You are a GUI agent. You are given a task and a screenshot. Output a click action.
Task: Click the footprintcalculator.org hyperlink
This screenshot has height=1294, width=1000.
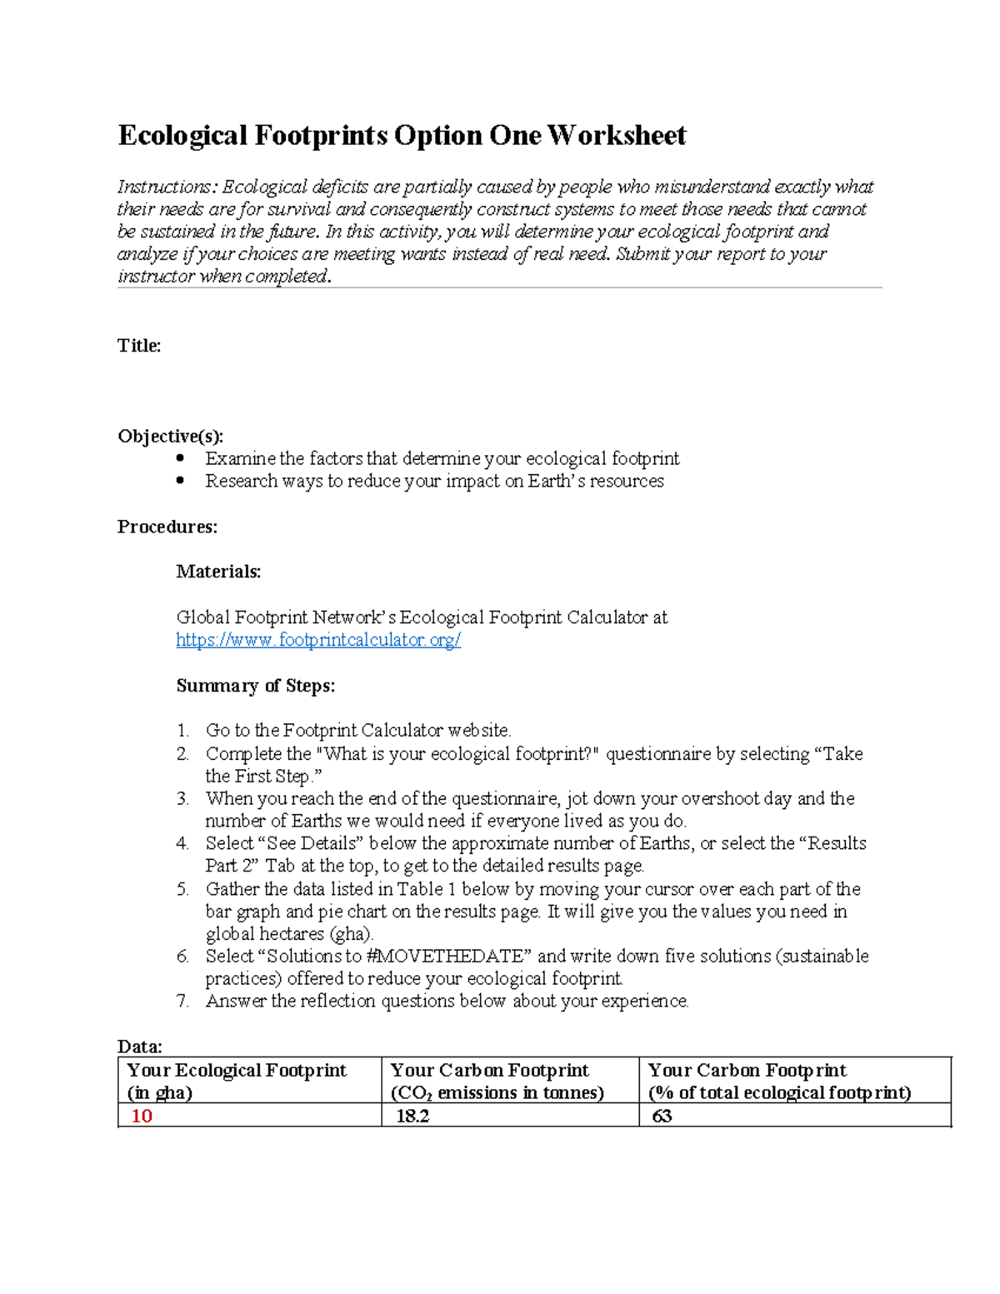tap(318, 640)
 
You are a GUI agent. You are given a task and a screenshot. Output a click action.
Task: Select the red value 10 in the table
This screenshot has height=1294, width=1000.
tap(142, 1116)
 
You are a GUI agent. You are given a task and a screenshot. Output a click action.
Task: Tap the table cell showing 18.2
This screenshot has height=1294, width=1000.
tap(412, 1116)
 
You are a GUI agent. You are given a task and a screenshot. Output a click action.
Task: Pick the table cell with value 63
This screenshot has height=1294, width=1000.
tap(662, 1116)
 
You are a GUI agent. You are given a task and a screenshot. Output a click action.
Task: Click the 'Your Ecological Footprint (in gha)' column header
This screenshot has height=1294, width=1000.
tap(237, 1081)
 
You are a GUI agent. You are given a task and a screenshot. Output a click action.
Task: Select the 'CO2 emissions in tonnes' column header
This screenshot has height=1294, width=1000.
tap(497, 1092)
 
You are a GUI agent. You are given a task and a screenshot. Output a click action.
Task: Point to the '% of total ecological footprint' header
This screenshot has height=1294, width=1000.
tap(779, 1092)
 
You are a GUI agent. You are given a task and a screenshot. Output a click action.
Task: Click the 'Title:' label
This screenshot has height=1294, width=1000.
tap(139, 346)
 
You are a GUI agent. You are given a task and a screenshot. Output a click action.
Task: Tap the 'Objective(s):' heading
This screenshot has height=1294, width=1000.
tap(170, 436)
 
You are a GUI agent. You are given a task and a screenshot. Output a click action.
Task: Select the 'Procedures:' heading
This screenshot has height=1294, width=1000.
tap(167, 527)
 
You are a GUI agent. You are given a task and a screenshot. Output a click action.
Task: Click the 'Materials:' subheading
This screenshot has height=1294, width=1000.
tap(218, 572)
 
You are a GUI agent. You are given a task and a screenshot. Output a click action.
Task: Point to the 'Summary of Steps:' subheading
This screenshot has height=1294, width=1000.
tap(255, 686)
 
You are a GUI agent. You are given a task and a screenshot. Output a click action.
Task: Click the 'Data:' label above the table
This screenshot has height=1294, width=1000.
tap(139, 1047)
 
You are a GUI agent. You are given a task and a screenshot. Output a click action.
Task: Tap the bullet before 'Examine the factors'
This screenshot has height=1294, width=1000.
tap(181, 458)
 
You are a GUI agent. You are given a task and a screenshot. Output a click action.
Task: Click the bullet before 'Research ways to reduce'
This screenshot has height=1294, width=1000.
tap(181, 481)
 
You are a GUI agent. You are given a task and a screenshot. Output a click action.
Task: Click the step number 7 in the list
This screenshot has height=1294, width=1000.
tap(182, 1001)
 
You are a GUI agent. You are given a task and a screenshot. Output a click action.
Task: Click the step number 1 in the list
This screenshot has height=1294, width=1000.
tap(182, 731)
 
